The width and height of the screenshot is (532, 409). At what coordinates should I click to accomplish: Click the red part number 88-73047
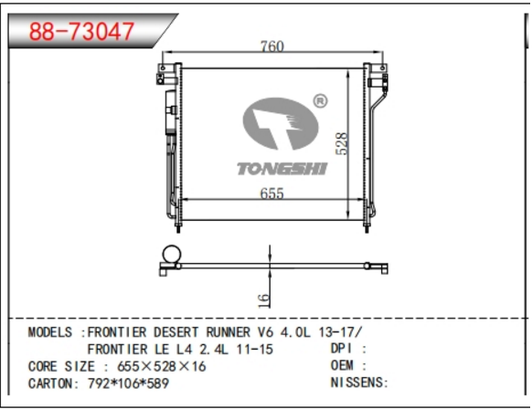(x=81, y=32)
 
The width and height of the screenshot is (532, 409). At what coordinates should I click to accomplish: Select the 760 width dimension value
(x=272, y=46)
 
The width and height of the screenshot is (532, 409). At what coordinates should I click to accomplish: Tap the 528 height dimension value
(x=342, y=143)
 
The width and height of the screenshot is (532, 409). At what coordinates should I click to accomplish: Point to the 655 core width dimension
(x=271, y=194)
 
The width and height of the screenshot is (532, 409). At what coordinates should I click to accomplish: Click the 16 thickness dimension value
(x=263, y=300)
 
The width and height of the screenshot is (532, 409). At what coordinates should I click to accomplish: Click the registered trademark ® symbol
(x=320, y=101)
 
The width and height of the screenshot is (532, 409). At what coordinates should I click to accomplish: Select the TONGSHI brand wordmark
(x=282, y=168)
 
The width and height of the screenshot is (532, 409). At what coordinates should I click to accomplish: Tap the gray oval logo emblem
(x=281, y=123)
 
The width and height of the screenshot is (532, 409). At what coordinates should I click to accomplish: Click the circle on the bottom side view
(x=172, y=255)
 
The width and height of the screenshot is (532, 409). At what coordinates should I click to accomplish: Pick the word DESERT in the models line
(x=176, y=332)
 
